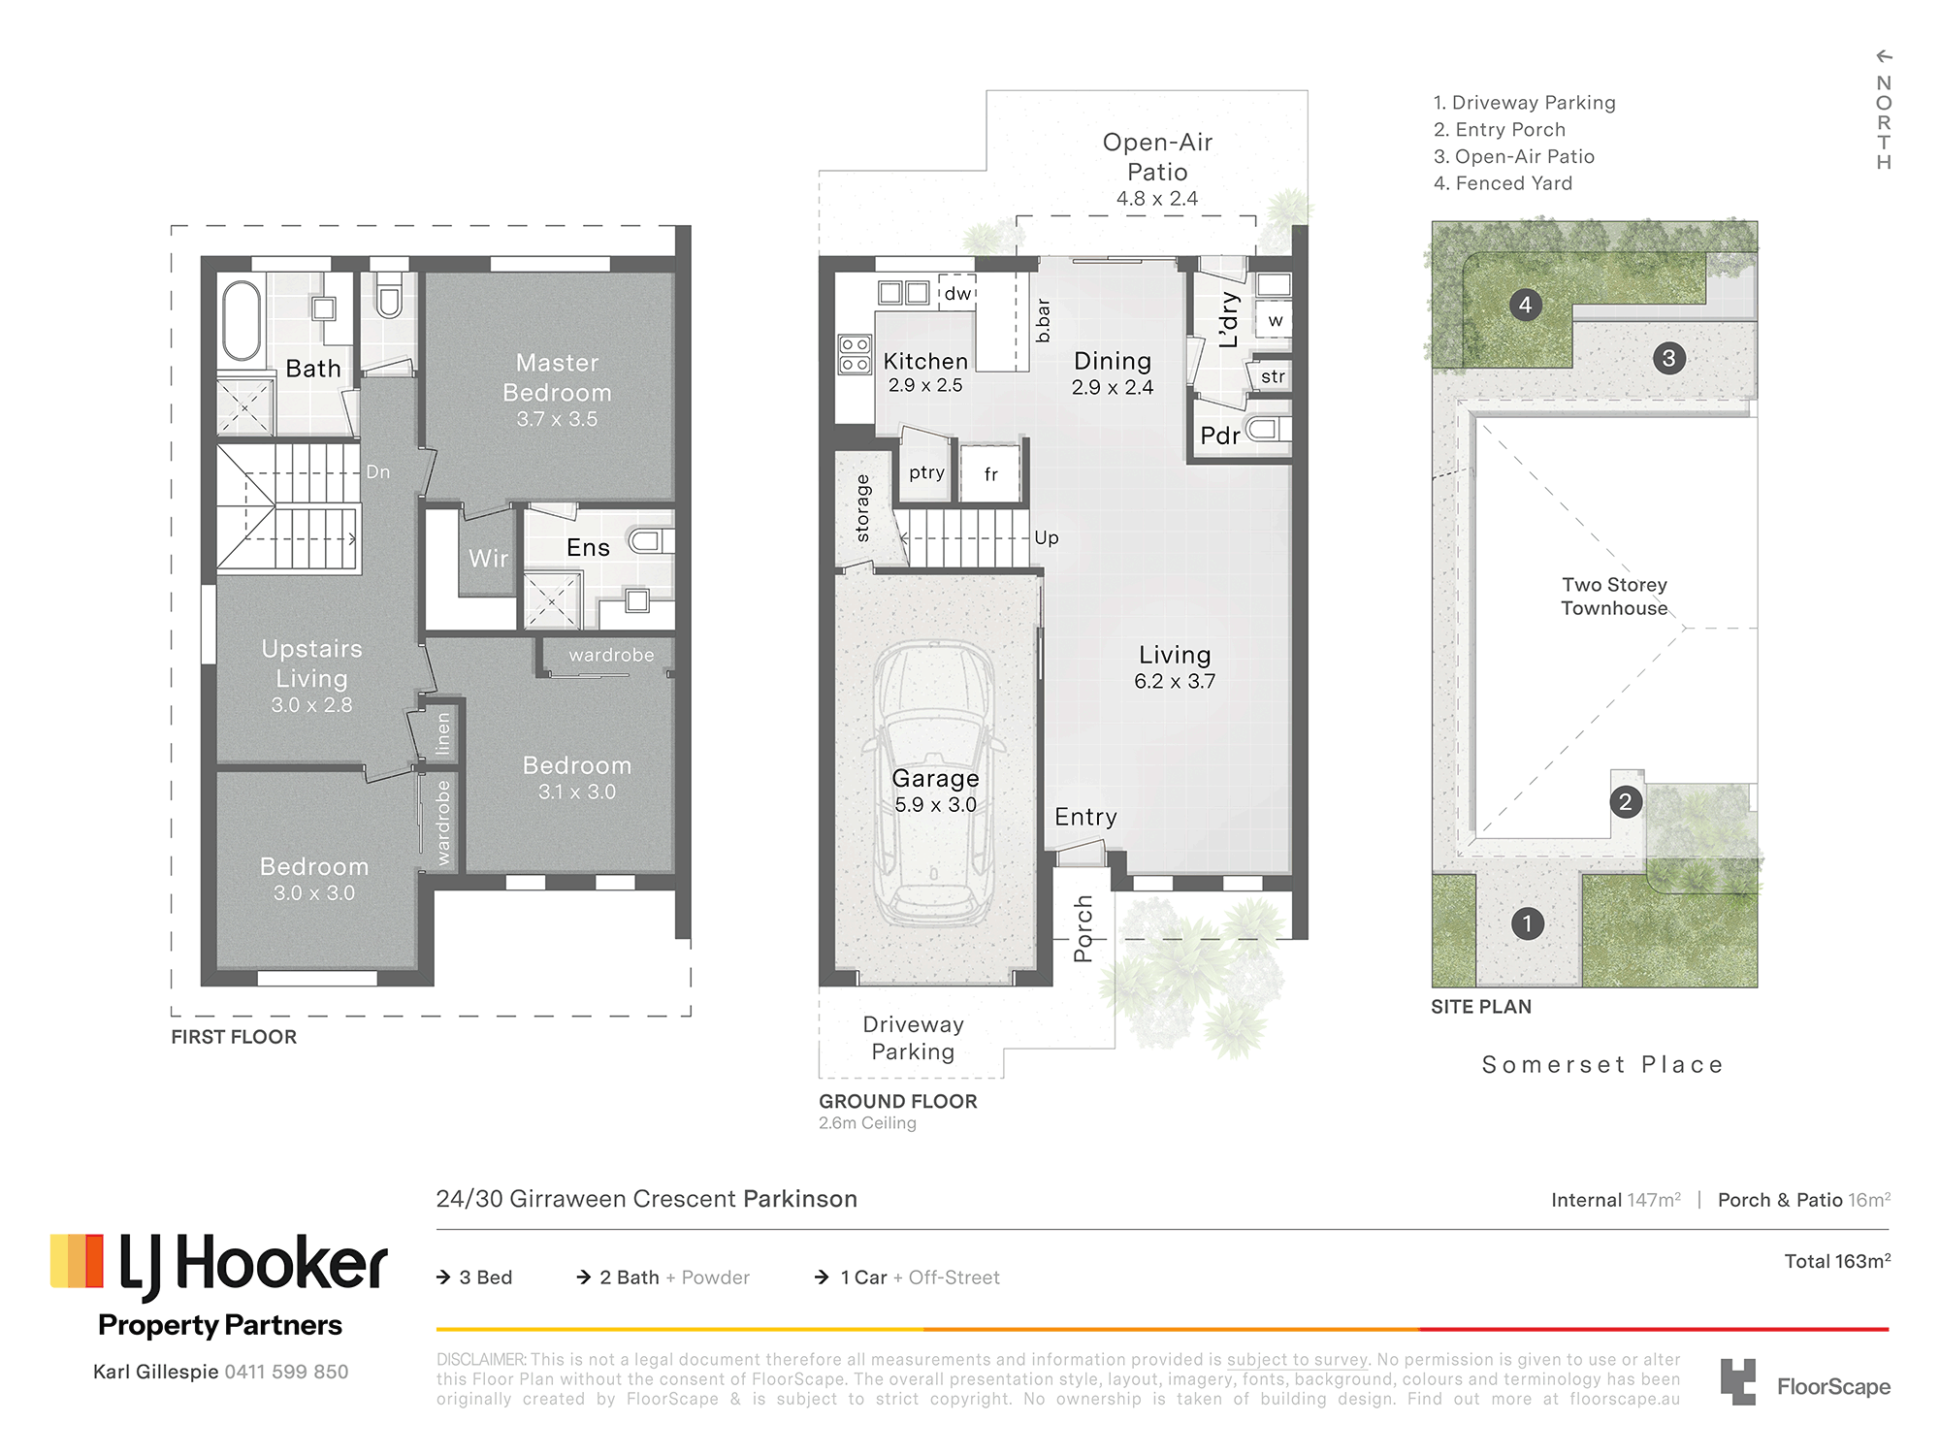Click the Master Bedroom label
tap(557, 377)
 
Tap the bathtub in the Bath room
tap(242, 320)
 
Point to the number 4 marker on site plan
tap(1525, 305)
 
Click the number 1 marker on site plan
tap(1527, 923)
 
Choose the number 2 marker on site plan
tap(1626, 802)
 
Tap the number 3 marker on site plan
tap(1668, 358)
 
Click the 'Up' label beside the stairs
tap(1046, 537)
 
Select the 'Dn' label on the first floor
tap(378, 472)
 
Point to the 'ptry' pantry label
tap(926, 472)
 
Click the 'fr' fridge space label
tap(990, 474)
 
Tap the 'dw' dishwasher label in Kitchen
tap(957, 293)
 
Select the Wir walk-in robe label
tap(488, 559)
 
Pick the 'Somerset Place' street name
tap(1602, 1064)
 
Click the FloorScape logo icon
tap(1738, 1381)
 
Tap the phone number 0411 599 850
tap(286, 1372)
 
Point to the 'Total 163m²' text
tap(1837, 1261)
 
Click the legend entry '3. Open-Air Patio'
tap(1513, 156)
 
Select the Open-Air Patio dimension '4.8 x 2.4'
tap(1157, 198)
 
